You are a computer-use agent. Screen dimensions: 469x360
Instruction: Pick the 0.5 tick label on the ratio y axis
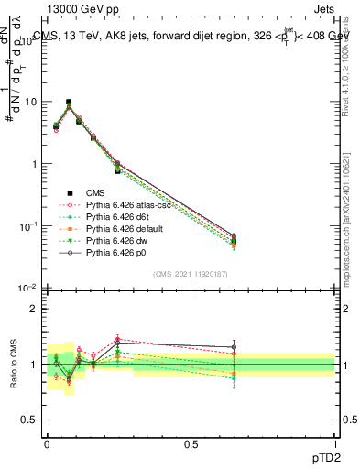tap(29, 420)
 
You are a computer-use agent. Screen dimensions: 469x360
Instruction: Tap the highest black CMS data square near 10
tap(69, 103)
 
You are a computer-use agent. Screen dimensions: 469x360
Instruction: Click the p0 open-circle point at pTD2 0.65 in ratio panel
tap(234, 347)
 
